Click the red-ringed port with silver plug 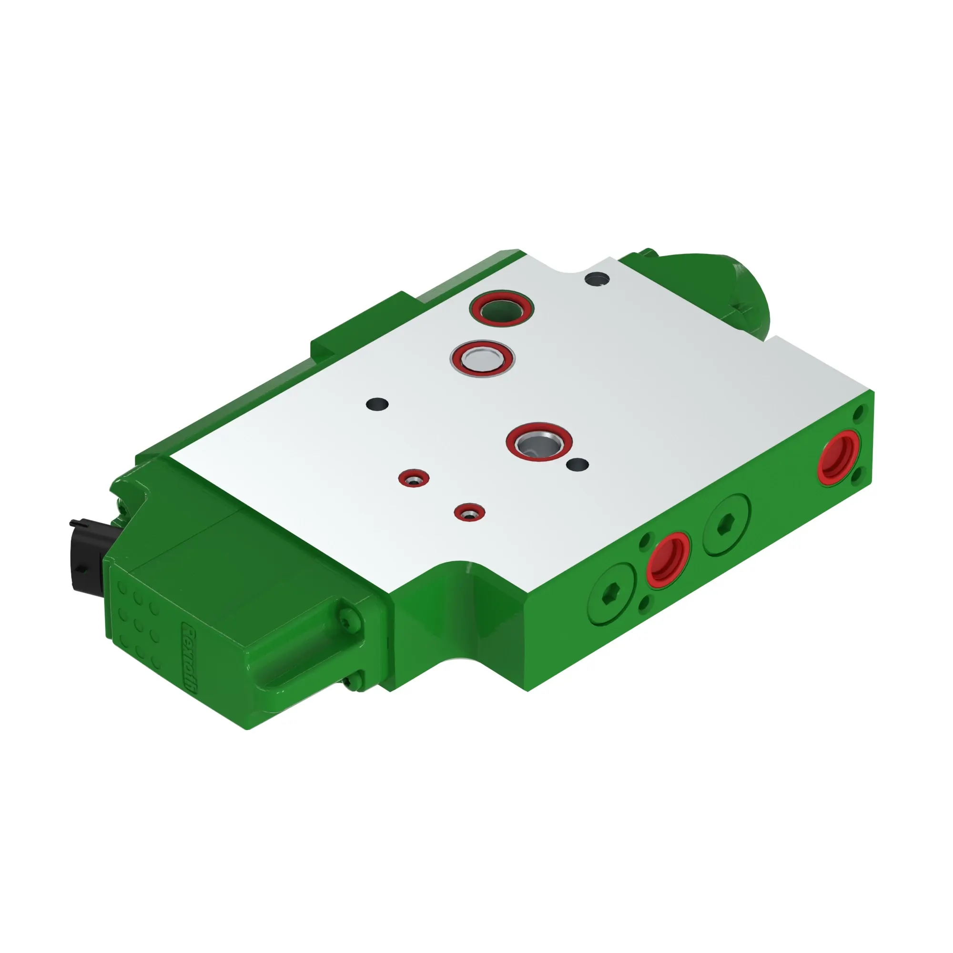point(482,358)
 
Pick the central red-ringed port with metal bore point(539,442)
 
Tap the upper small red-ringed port point(413,478)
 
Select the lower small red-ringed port point(469,513)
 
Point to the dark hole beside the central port point(578,464)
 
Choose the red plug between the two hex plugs point(669,560)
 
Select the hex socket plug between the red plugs point(727,523)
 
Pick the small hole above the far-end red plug point(859,411)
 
